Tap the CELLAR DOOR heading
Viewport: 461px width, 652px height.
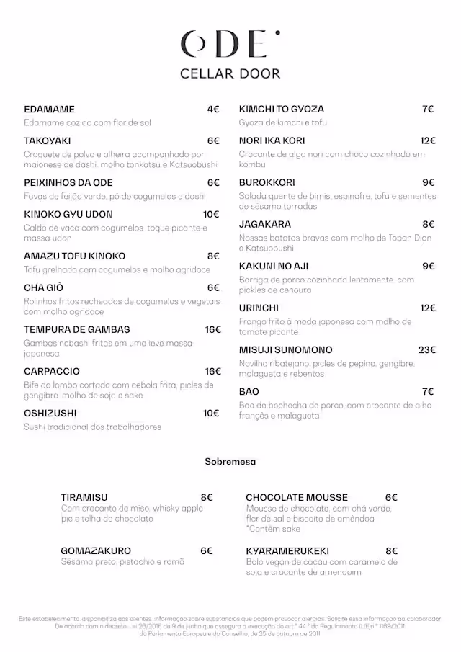230,73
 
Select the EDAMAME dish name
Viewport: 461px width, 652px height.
49,110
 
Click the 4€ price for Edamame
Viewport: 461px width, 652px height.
212,110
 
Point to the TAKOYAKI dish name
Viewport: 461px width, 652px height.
47,141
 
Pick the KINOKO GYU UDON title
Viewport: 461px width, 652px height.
68,215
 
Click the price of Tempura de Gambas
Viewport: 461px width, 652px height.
212,330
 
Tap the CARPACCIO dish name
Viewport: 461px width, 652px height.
51,372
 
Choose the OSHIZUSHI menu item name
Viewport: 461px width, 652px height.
50,414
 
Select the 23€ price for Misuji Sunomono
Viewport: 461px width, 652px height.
427,350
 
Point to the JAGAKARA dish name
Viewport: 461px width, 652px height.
265,225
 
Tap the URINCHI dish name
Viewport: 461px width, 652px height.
260,308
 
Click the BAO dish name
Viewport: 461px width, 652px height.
249,392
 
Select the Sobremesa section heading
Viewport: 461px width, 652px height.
230,462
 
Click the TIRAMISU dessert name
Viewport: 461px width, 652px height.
84,498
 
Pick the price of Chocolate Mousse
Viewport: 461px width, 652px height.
391,498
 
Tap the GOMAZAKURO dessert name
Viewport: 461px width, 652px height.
96,551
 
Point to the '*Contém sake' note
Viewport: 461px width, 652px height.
274,529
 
